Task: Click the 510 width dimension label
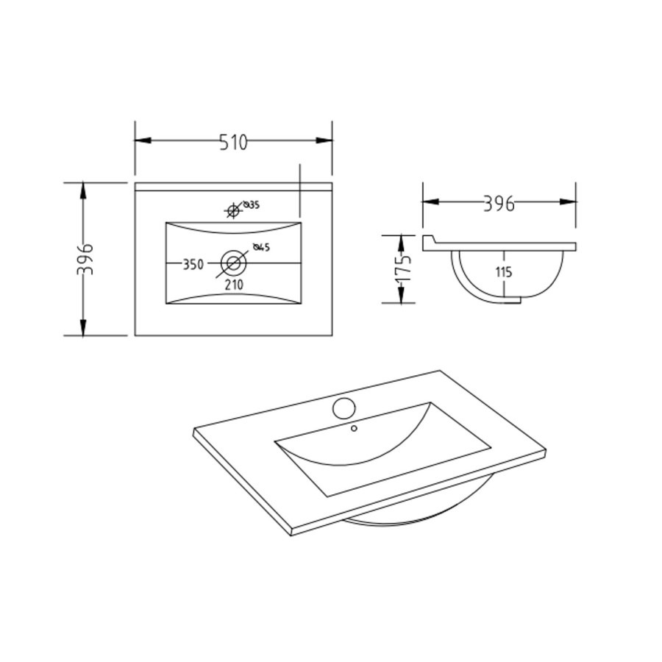233,142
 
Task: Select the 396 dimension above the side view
499,204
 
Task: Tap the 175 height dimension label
404,269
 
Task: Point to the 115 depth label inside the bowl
504,272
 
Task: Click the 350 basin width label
193,264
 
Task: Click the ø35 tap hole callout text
252,204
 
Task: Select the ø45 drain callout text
261,247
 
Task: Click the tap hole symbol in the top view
232,210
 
